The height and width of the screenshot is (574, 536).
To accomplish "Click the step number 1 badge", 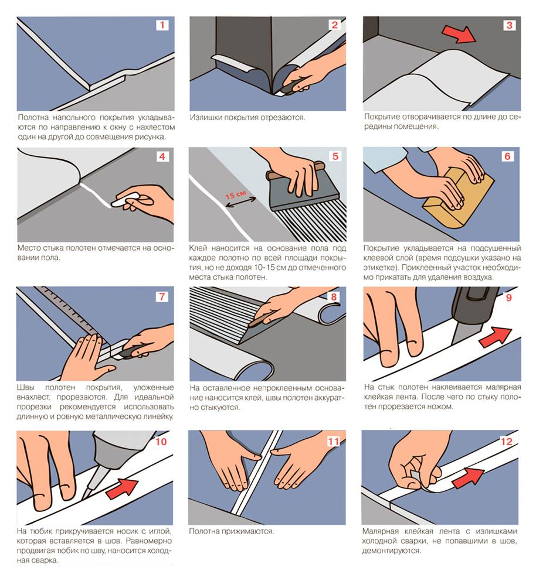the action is (x=162, y=25).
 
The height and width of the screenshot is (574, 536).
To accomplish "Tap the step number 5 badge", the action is (x=335, y=156).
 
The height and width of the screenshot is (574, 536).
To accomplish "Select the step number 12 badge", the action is (x=506, y=441).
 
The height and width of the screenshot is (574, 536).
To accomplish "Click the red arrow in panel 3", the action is (x=458, y=35).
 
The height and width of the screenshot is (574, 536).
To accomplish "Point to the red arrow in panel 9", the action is (x=496, y=337).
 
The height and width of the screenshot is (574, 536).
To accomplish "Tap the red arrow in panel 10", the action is (x=122, y=488).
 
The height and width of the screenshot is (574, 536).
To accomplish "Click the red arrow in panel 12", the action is (x=468, y=477).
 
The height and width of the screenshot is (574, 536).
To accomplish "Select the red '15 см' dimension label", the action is (x=235, y=194).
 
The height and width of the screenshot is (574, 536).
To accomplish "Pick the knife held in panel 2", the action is (x=289, y=88).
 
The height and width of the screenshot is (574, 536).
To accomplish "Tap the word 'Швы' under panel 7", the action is (x=25, y=387).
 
